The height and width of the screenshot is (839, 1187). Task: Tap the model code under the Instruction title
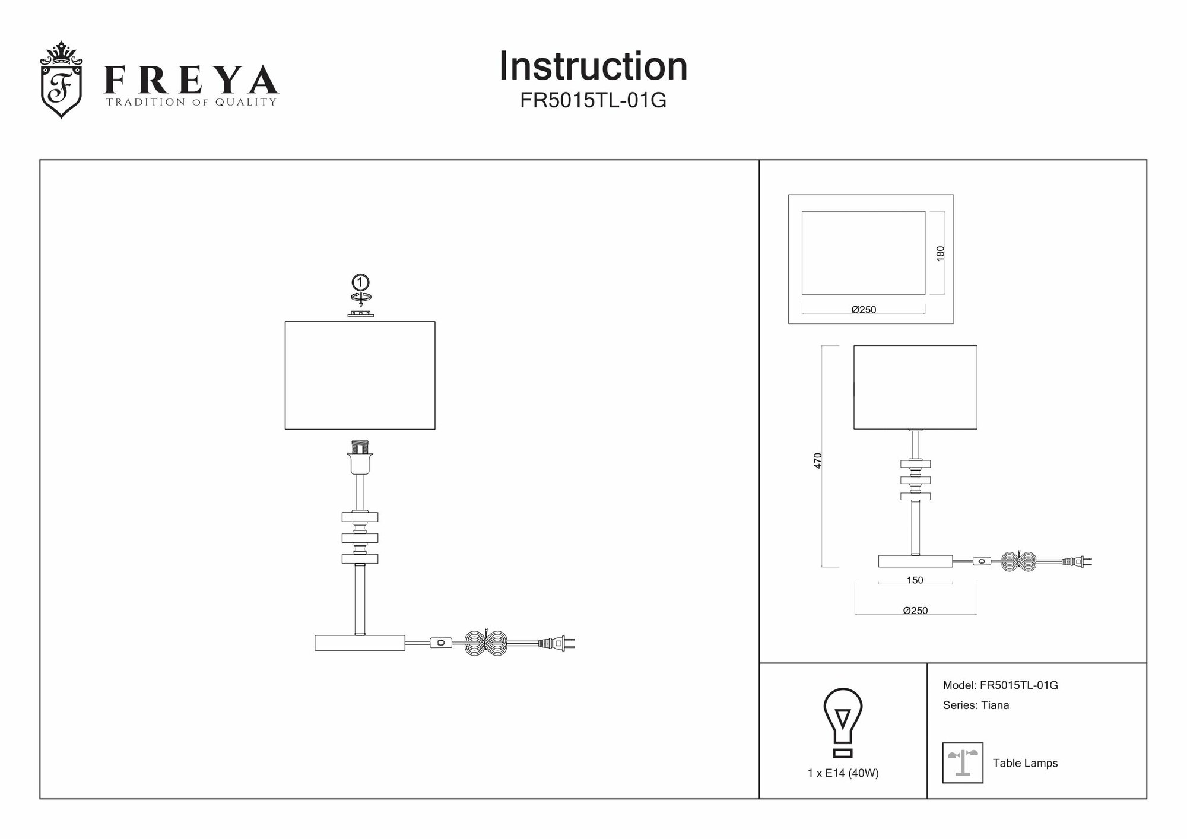[x=593, y=101]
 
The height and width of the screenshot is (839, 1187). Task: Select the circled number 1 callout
[x=360, y=282]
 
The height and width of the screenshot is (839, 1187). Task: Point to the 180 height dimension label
[x=940, y=253]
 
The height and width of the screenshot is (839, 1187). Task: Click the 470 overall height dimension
[x=818, y=460]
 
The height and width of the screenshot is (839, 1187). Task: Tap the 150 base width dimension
[x=915, y=580]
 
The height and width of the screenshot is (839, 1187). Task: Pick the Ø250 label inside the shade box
[x=864, y=310]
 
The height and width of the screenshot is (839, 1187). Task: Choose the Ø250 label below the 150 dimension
[x=915, y=611]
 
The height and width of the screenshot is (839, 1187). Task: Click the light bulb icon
[x=843, y=722]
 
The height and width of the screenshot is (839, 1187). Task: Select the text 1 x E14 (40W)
[x=843, y=773]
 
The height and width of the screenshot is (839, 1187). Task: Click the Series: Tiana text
[x=976, y=705]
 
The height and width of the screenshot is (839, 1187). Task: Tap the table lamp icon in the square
[x=963, y=762]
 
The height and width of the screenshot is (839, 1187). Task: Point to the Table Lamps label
[x=1025, y=764]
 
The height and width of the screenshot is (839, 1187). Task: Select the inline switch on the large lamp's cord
[x=440, y=643]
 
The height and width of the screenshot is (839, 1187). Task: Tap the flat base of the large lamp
[x=360, y=643]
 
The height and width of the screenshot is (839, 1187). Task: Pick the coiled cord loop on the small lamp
[x=1019, y=561]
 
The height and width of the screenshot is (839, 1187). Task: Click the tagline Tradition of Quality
[x=191, y=102]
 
